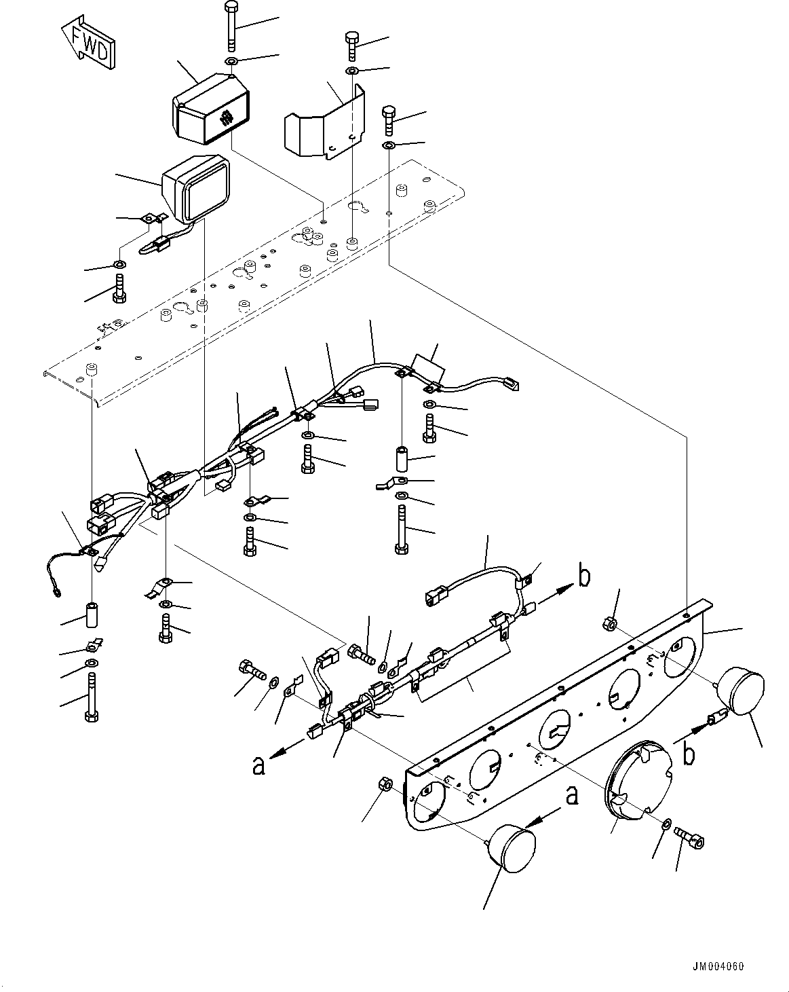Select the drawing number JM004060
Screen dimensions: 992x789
click(x=718, y=966)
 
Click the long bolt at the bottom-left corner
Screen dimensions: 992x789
click(x=92, y=696)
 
